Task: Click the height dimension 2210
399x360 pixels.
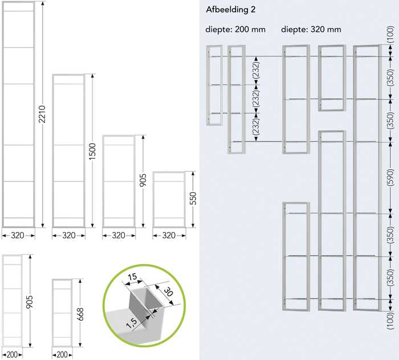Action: (x=42, y=114)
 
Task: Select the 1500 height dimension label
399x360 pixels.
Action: (x=92, y=151)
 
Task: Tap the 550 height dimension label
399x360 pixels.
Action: (x=193, y=198)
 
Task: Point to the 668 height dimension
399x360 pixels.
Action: (x=80, y=314)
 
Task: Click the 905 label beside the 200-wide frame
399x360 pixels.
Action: (x=30, y=302)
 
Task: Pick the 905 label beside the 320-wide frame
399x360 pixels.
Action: (x=143, y=180)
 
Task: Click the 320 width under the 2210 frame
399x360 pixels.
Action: (x=18, y=236)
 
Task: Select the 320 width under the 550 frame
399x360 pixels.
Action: (x=169, y=236)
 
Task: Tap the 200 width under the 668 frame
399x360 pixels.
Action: (x=62, y=355)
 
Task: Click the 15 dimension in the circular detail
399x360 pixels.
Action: (x=132, y=277)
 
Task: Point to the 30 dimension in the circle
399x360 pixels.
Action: (x=168, y=292)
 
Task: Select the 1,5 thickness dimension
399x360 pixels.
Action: (x=132, y=323)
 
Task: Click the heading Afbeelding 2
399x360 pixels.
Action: (x=230, y=10)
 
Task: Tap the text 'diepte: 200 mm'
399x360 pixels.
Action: (x=235, y=29)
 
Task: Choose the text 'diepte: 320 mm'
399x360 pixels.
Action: (x=311, y=29)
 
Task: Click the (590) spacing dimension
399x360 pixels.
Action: (x=390, y=177)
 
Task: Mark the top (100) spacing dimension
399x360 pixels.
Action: (x=390, y=34)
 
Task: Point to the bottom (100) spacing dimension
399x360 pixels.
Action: (x=390, y=321)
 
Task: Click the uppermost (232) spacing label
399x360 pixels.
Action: (x=256, y=70)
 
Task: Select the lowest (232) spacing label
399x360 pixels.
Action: (x=256, y=127)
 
